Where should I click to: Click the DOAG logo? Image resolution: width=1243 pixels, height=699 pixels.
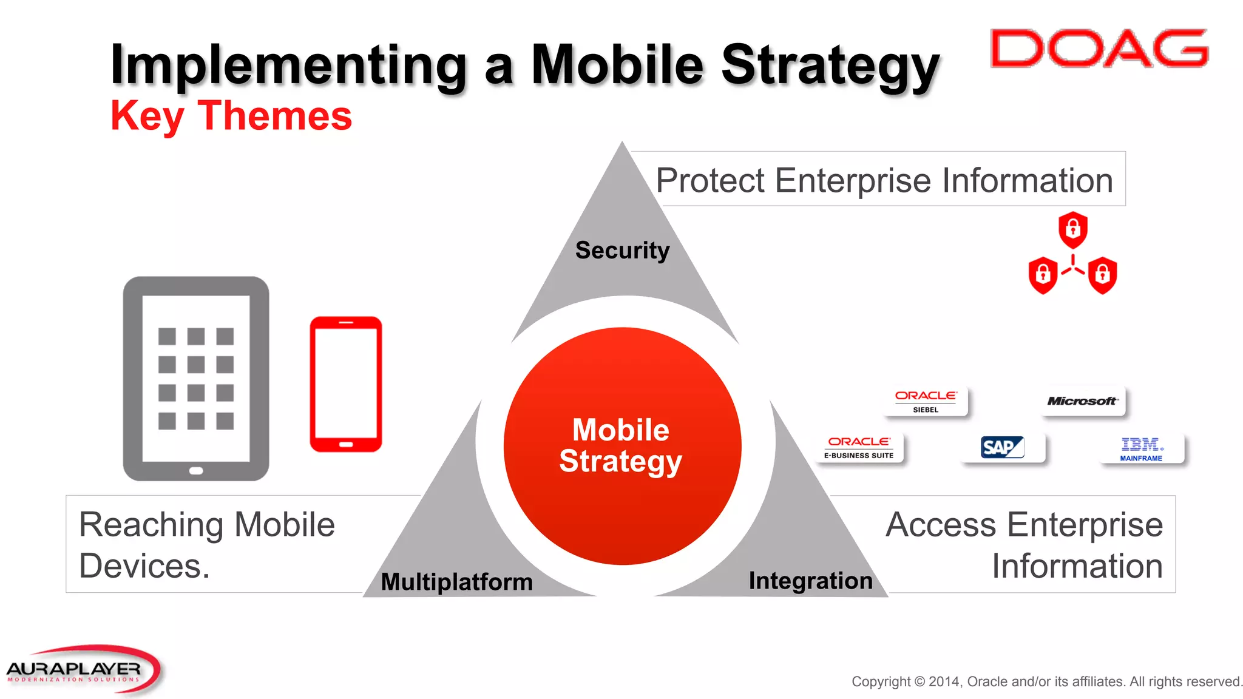[1099, 49]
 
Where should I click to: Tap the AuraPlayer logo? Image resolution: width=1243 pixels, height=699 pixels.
[82, 669]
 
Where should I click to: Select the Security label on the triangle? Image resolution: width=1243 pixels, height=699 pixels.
[622, 250]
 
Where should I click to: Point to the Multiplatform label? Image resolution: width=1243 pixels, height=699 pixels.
[456, 581]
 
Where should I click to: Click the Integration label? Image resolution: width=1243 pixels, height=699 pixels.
[810, 581]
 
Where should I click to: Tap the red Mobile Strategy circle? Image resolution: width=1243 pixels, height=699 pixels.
[621, 445]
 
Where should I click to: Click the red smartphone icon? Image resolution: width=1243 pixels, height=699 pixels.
[346, 384]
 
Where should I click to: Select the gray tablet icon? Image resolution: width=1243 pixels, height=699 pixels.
[195, 378]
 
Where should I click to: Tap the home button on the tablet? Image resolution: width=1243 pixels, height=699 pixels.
[195, 471]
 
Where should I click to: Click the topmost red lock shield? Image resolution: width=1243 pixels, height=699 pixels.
[1072, 229]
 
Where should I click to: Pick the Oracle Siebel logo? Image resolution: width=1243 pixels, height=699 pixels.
[926, 401]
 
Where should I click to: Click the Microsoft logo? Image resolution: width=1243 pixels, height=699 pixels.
[1082, 401]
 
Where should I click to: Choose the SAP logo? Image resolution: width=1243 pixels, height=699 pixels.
[1002, 448]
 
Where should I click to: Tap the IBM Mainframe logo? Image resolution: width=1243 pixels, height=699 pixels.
[1141, 449]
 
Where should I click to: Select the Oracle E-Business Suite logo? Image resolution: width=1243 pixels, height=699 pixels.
[859, 448]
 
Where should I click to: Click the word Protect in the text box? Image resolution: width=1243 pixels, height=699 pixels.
[710, 181]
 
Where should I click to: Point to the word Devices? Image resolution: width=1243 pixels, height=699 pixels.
[144, 566]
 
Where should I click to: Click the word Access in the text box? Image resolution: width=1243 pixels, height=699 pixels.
[940, 525]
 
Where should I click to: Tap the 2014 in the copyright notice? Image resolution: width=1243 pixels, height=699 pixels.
[944, 681]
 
